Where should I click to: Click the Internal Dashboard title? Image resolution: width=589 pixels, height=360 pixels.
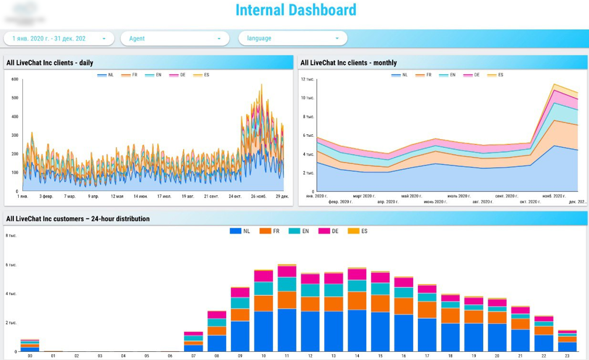tap(295, 10)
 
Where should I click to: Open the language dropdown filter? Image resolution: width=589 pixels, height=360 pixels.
tap(292, 39)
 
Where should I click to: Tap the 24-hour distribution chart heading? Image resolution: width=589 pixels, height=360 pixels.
tap(78, 219)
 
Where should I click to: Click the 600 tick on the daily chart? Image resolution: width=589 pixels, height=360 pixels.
tap(15, 79)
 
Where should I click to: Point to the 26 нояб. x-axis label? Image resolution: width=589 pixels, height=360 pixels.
tap(259, 196)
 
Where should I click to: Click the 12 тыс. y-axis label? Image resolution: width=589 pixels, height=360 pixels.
tap(307, 79)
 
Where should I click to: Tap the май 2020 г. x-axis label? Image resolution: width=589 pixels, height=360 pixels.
tap(411, 196)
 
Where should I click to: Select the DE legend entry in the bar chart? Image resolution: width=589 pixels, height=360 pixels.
tap(331, 231)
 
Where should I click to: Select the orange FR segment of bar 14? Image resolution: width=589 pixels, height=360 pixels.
tap(357, 300)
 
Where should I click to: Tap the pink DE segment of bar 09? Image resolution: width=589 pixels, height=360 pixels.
tap(240, 292)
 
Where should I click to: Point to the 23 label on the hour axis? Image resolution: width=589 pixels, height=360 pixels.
tap(567, 355)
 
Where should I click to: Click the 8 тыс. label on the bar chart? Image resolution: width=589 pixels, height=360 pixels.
tap(11, 236)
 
